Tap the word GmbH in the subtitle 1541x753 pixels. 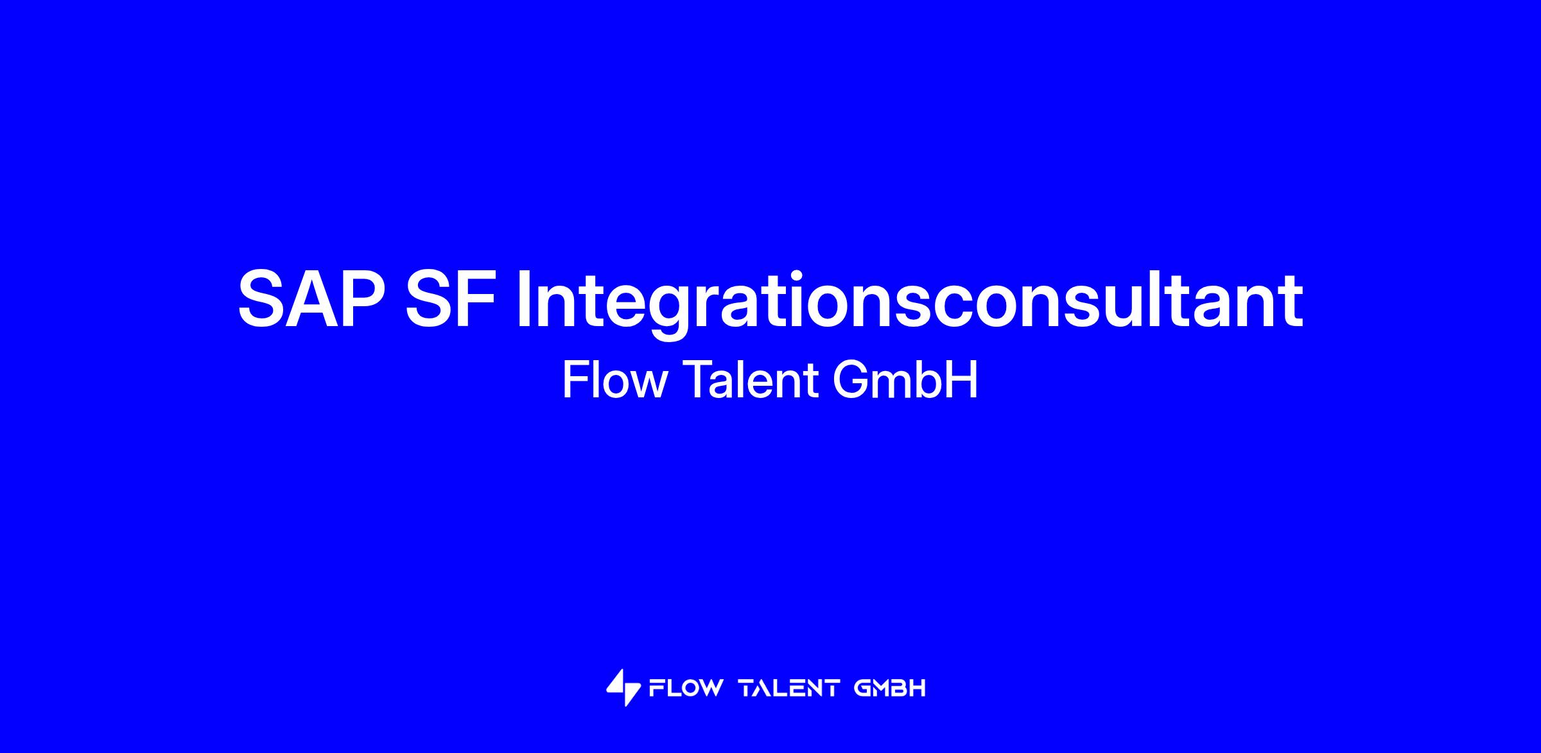pos(905,380)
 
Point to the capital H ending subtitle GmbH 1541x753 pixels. pos(962,380)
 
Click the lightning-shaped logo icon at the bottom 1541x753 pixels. pos(623,688)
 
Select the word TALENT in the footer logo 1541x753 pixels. pos(789,689)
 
